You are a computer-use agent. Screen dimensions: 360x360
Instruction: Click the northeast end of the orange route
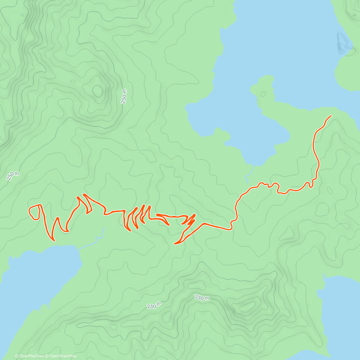click(331, 116)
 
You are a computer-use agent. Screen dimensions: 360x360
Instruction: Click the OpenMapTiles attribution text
click(29, 356)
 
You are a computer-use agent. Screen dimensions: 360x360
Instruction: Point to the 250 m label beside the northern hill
click(124, 96)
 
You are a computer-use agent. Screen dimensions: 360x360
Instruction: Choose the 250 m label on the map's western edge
click(13, 176)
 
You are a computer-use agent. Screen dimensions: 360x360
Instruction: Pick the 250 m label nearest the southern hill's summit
click(202, 298)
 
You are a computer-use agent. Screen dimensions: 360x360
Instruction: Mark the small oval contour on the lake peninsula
click(263, 94)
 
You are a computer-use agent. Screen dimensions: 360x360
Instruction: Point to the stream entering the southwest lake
click(99, 237)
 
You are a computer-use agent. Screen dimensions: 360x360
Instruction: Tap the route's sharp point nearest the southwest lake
click(54, 240)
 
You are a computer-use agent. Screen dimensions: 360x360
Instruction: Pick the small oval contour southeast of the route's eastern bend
click(330, 190)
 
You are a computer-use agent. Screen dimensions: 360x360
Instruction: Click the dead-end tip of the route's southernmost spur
click(175, 244)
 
